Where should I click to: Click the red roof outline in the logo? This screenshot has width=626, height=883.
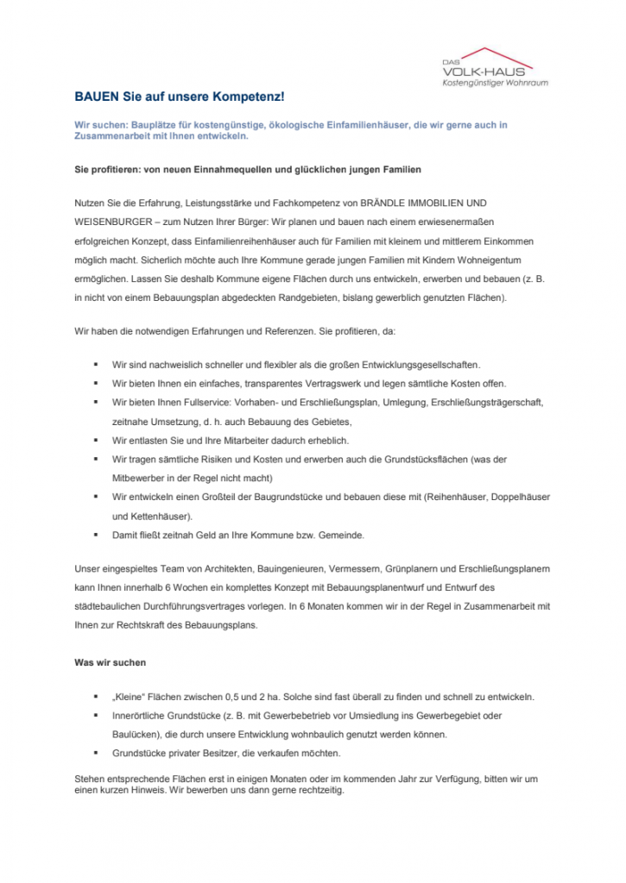tap(489, 53)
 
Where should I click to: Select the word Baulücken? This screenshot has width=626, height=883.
tap(134, 734)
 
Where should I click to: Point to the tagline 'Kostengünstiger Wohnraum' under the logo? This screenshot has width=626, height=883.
tap(495, 84)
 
